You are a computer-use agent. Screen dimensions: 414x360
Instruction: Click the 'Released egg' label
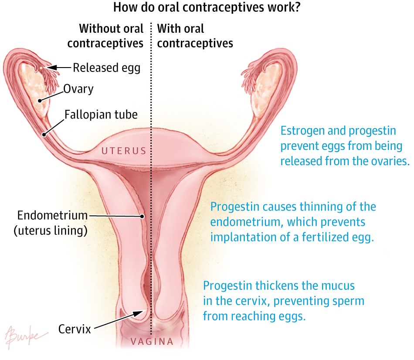106,68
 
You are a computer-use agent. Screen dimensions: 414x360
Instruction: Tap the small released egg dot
41,68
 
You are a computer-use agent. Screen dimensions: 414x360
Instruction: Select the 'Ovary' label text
78,89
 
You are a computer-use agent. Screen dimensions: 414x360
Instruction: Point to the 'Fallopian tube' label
101,114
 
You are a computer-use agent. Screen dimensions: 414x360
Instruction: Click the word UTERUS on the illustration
124,151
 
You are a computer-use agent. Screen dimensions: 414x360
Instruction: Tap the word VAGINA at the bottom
153,342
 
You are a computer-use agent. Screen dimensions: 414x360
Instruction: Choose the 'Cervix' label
75,329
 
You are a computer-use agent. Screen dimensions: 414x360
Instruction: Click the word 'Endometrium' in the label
52,215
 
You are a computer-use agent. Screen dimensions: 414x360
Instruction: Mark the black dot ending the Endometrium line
142,216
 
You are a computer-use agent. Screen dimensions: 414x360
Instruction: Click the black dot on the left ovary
40,101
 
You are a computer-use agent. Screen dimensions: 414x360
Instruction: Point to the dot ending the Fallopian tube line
44,135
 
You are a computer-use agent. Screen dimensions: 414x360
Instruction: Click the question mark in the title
298,7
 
